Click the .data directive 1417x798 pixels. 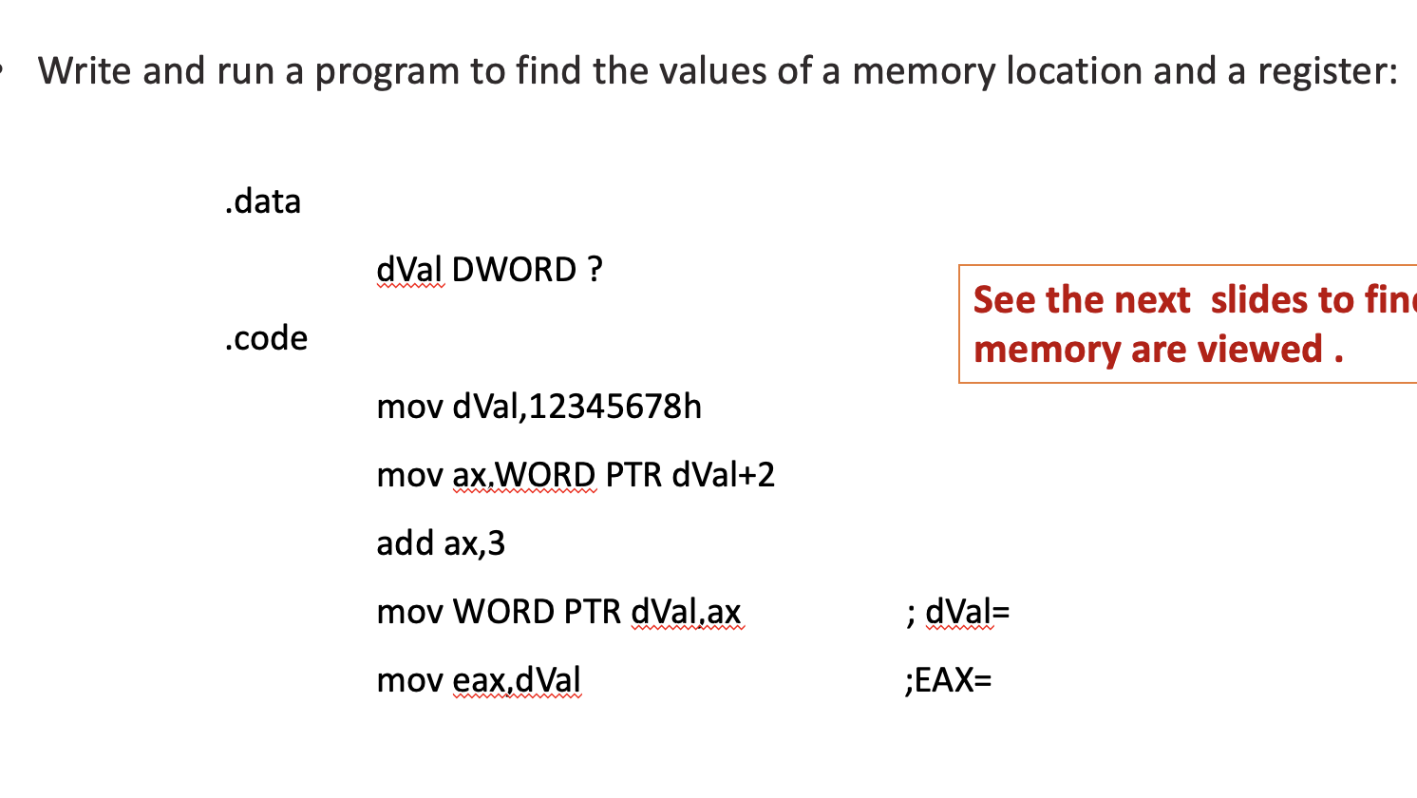click(263, 201)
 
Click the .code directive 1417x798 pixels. click(266, 338)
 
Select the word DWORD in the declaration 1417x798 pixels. click(514, 270)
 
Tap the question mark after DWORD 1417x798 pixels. click(595, 270)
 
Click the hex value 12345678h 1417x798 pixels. click(614, 407)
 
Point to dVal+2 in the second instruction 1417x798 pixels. click(723, 475)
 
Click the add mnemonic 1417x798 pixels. click(405, 543)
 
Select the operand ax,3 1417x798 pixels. click(474, 543)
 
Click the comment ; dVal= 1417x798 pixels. click(957, 612)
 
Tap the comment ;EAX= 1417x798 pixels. click(948, 680)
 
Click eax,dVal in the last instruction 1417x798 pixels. click(517, 680)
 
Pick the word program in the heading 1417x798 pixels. click(387, 72)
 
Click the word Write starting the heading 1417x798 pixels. click(85, 72)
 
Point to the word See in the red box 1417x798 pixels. click(1003, 300)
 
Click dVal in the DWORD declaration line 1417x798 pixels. click(409, 270)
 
